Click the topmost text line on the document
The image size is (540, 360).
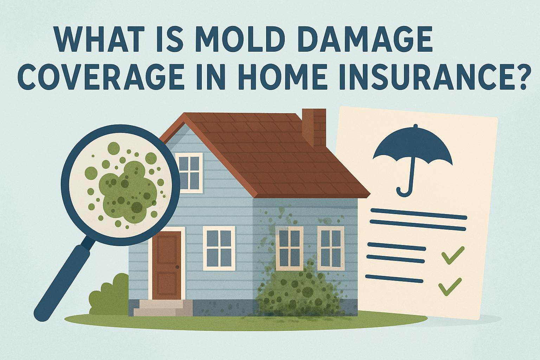tap(418, 213)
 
